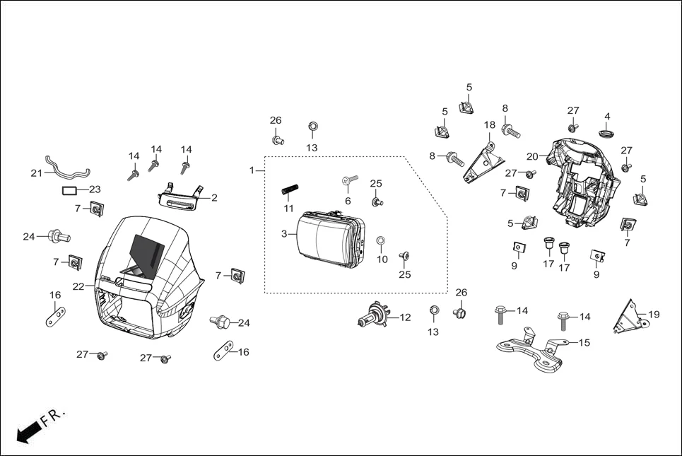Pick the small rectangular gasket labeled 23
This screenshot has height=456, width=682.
point(69,189)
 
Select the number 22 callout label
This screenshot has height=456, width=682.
point(78,286)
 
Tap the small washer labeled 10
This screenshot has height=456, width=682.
point(380,242)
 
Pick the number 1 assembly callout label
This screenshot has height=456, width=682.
point(252,170)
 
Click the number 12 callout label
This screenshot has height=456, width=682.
point(405,318)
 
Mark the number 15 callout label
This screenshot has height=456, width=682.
point(584,342)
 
